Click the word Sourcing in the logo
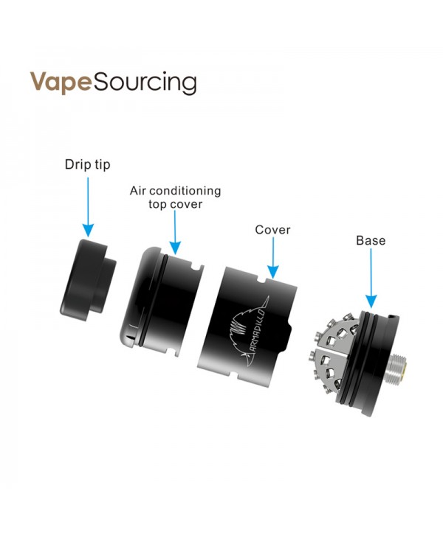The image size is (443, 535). click(145, 83)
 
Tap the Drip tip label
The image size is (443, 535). click(88, 164)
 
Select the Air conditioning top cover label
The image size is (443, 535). click(175, 197)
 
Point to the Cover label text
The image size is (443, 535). click(272, 230)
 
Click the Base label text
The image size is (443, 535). click(371, 240)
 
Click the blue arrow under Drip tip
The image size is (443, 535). click(88, 207)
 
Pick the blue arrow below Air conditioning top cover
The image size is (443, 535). click(175, 232)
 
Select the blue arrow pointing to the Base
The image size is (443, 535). click(371, 278)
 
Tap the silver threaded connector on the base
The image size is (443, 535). click(397, 368)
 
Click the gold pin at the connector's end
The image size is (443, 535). click(406, 369)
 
